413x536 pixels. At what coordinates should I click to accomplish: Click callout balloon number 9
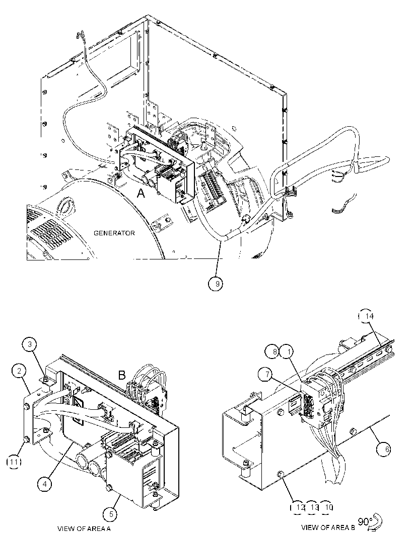tap(216, 284)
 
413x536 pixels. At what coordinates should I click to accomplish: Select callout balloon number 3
tap(30, 344)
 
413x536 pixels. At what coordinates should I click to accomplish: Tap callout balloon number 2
tap(19, 371)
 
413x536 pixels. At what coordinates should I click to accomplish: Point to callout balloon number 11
tap(14, 462)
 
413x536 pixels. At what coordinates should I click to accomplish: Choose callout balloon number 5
tap(110, 514)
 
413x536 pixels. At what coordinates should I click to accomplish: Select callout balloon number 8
tap(273, 351)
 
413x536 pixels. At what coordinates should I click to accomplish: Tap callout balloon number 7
tap(268, 375)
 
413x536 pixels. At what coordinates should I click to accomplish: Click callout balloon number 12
tap(298, 507)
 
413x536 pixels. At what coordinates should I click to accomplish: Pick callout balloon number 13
tap(313, 507)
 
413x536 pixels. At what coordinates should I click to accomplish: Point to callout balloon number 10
tap(328, 507)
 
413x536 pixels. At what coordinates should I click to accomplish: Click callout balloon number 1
tap(288, 351)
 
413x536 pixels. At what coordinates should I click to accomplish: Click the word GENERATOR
tap(114, 233)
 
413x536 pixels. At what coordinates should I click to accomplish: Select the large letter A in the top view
tap(141, 194)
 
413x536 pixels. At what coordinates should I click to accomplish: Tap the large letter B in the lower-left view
tap(121, 375)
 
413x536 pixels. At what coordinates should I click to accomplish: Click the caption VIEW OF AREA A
tap(84, 528)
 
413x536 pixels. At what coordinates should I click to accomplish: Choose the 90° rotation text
tap(365, 522)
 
